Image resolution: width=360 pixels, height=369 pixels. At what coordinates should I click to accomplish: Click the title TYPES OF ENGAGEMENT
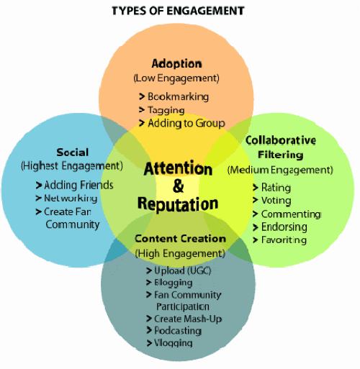[178, 11]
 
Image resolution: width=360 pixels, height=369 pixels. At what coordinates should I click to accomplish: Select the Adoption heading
[176, 64]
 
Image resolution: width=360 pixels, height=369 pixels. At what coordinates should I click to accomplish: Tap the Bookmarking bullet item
[174, 96]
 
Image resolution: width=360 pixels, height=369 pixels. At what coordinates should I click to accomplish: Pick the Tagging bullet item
[162, 110]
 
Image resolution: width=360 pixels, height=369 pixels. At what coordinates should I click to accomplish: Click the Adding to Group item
[182, 123]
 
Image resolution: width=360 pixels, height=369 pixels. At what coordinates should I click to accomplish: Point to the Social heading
[73, 152]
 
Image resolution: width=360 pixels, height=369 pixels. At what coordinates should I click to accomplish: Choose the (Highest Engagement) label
[72, 166]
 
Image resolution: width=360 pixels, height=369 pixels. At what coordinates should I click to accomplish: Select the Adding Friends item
[74, 185]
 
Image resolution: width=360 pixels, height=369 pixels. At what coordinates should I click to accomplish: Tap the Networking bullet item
[66, 199]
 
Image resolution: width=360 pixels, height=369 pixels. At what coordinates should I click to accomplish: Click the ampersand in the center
[179, 186]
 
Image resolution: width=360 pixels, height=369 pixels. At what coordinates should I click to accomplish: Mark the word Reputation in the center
[178, 204]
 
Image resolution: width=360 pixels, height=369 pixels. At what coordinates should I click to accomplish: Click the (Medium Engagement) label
[280, 170]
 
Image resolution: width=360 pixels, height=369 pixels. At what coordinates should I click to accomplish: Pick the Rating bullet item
[272, 188]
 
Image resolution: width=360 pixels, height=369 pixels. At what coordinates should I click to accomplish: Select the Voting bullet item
[272, 201]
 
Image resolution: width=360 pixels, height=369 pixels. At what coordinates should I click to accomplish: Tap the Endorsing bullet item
[280, 227]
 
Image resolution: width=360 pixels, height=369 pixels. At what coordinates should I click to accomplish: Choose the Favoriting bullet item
[279, 240]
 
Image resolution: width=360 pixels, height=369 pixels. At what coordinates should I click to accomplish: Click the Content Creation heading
[180, 239]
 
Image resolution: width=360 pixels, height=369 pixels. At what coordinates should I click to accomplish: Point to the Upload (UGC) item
[179, 270]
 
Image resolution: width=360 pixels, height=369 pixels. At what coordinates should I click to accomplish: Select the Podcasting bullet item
[174, 331]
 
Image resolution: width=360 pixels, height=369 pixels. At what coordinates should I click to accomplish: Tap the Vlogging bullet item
[169, 343]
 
